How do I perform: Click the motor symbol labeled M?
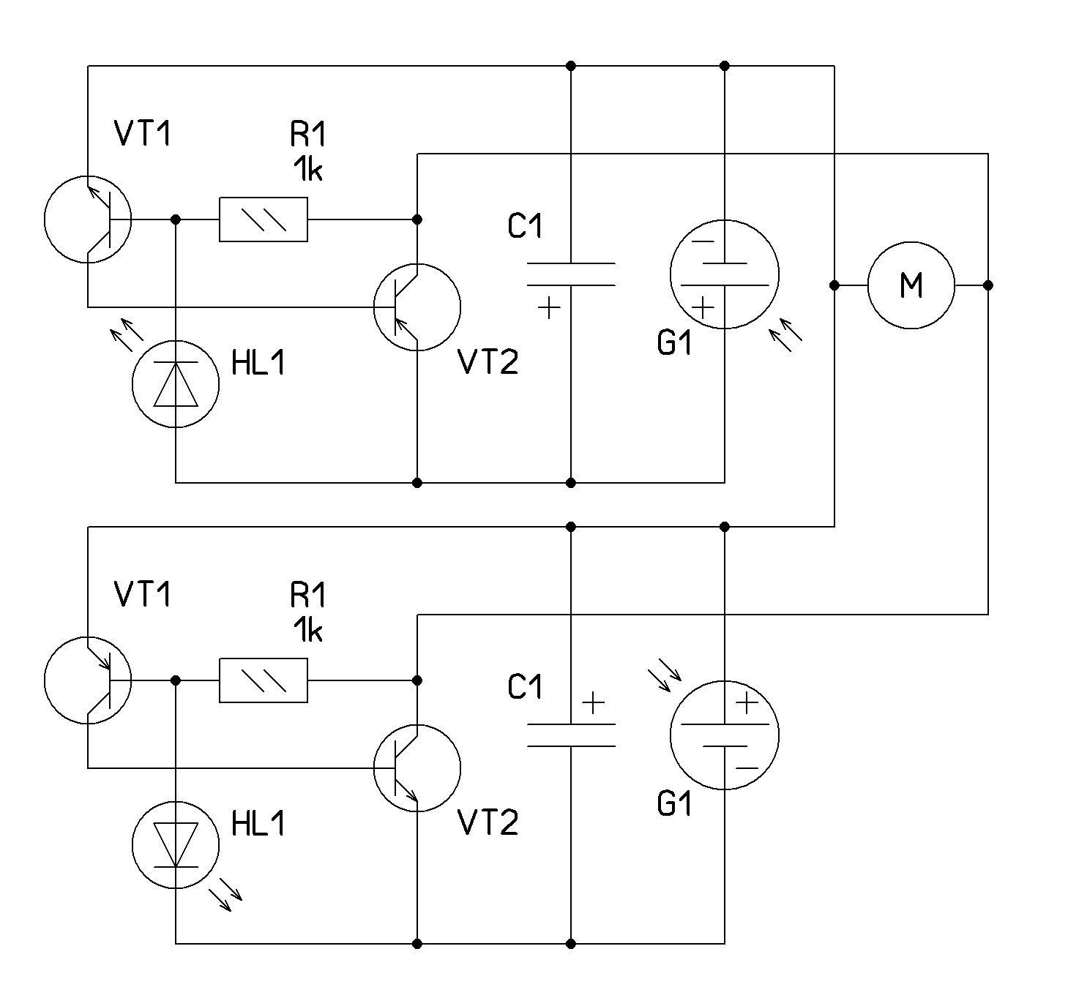tap(911, 285)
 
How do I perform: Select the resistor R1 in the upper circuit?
tap(264, 219)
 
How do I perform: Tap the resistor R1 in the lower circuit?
tap(264, 680)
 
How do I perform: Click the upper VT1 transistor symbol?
tap(88, 219)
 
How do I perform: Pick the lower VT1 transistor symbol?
tap(88, 680)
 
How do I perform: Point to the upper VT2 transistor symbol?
tap(417, 307)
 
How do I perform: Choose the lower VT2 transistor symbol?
tap(417, 768)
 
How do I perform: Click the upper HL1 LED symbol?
tap(176, 384)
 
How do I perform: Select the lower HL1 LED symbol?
tap(176, 845)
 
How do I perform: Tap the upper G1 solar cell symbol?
tap(725, 274)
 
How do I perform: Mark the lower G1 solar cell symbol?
tap(725, 735)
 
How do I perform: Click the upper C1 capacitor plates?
tap(571, 274)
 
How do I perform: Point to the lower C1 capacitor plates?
tap(571, 735)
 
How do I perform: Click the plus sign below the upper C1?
tap(548, 309)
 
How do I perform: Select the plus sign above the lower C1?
tap(593, 705)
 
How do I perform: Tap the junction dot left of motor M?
tap(834, 285)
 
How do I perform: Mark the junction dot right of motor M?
tap(988, 285)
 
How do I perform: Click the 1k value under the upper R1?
tap(307, 170)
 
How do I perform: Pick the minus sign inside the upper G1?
tap(703, 242)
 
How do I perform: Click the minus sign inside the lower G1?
tap(747, 768)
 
